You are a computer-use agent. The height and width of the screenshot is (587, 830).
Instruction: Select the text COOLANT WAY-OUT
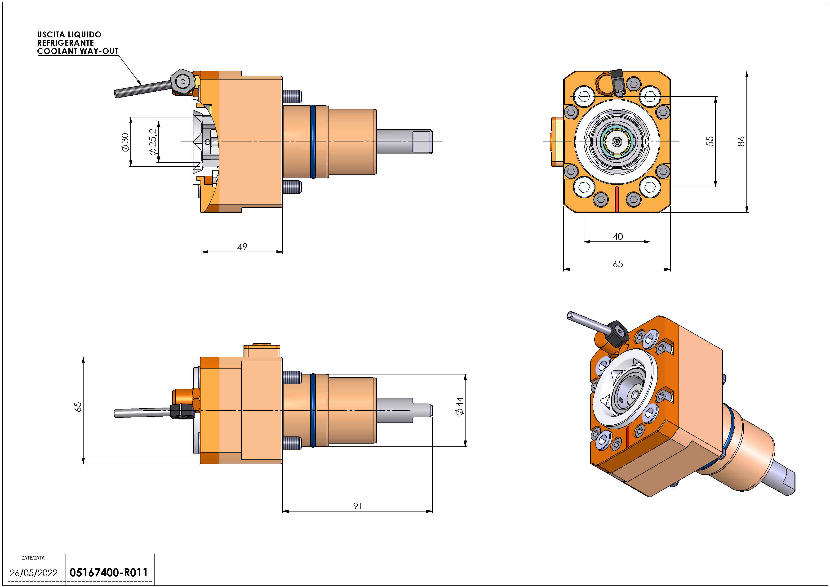pos(78,51)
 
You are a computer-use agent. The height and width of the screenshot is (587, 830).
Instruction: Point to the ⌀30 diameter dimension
pos(125,142)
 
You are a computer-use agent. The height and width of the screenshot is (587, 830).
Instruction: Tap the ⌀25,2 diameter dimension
pos(153,142)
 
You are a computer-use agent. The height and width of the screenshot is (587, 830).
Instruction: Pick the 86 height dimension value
pos(741,141)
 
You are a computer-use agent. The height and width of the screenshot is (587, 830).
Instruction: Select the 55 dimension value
pos(710,141)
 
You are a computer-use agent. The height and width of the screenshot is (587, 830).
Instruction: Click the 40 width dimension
pos(618,237)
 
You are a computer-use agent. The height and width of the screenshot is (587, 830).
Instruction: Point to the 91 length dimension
pos(358,506)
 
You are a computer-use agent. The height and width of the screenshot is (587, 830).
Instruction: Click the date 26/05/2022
pos(34,573)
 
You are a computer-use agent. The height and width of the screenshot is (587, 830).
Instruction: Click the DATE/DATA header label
pos(33,558)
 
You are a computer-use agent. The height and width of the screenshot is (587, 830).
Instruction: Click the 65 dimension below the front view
pos(618,264)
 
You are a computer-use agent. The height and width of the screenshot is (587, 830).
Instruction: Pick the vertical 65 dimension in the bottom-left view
pos(78,407)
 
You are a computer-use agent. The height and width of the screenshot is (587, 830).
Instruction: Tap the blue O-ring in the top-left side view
pos(313,142)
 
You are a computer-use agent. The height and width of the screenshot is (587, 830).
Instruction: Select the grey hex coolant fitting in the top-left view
pos(182,82)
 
